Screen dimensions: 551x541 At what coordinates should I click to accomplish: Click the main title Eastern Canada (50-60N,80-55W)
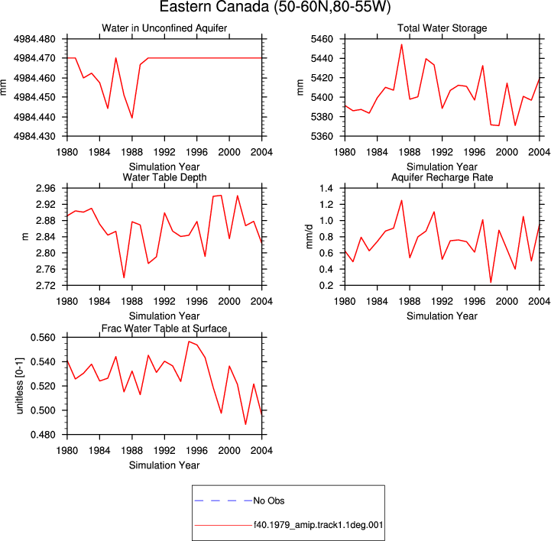(x=275, y=7)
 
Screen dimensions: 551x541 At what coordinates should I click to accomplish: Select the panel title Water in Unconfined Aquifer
(x=164, y=28)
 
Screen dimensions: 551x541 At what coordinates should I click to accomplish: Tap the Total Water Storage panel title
(x=442, y=28)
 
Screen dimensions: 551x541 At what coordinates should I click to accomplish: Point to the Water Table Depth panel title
(x=164, y=177)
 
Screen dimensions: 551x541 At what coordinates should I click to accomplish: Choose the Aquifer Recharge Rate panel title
(x=442, y=177)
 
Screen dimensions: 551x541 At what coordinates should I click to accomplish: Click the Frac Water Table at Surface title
(x=164, y=329)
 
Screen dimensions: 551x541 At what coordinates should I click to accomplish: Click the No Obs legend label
(x=269, y=501)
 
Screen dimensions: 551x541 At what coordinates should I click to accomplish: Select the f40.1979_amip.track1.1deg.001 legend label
(x=319, y=525)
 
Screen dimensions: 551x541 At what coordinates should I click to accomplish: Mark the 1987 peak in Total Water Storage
(x=402, y=44)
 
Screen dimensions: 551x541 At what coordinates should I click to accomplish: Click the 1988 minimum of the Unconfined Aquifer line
(x=132, y=118)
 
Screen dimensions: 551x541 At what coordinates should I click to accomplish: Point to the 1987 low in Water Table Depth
(x=124, y=277)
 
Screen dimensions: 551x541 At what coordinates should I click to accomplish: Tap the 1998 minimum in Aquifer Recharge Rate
(x=491, y=282)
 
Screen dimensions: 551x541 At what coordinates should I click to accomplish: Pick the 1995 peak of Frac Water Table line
(x=189, y=342)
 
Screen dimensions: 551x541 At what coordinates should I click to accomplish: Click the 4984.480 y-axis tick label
(x=34, y=39)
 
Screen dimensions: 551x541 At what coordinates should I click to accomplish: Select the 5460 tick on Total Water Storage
(x=322, y=39)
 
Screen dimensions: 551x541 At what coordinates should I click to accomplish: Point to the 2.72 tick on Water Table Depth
(x=46, y=285)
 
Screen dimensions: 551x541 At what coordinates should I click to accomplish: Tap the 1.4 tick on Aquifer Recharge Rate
(x=326, y=188)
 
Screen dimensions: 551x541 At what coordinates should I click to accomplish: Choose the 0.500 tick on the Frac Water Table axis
(x=43, y=410)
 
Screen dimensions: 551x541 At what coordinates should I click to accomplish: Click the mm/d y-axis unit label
(x=309, y=237)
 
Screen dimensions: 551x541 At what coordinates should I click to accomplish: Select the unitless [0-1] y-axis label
(x=20, y=386)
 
